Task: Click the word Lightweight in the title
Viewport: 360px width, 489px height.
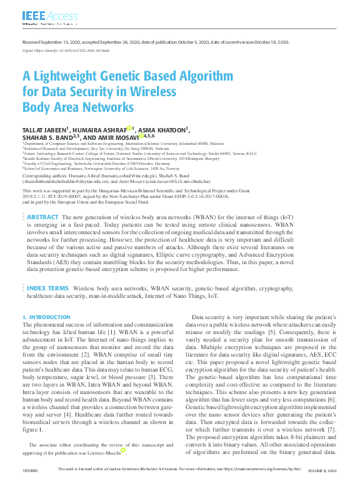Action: (x=67, y=76)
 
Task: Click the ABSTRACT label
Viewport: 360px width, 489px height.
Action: (x=42, y=216)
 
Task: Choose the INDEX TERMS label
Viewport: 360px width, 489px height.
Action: (x=47, y=289)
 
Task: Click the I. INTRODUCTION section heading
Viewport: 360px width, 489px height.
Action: (x=46, y=317)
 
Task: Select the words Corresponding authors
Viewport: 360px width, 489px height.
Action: (x=44, y=176)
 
